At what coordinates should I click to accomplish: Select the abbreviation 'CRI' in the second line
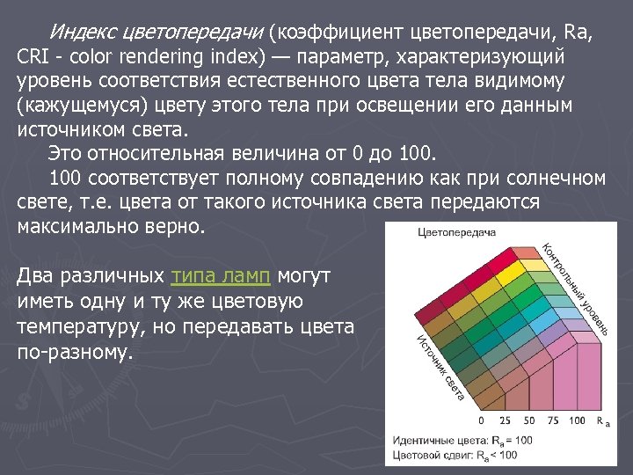click(33, 56)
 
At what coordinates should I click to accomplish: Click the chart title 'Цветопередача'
click(456, 233)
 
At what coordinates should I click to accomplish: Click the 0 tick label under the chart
click(482, 420)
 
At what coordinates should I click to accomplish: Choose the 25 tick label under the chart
click(505, 420)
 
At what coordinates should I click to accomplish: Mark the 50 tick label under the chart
click(528, 420)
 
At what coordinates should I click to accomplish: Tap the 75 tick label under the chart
click(552, 420)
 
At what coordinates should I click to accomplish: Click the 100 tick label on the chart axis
click(577, 420)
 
